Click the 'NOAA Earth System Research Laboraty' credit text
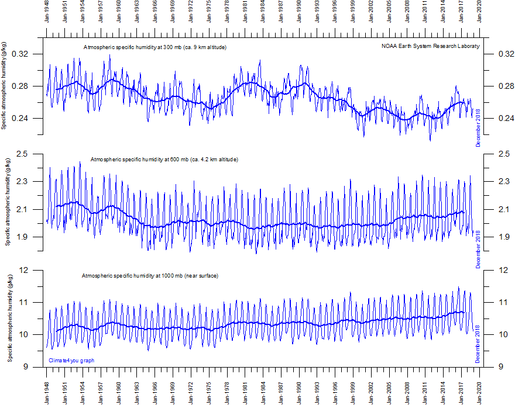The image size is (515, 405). [430, 46]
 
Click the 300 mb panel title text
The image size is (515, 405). [154, 47]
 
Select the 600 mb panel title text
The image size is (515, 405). [164, 159]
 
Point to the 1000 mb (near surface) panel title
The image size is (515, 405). [150, 275]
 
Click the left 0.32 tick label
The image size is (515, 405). [29, 54]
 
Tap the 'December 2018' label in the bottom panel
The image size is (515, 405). [478, 344]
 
